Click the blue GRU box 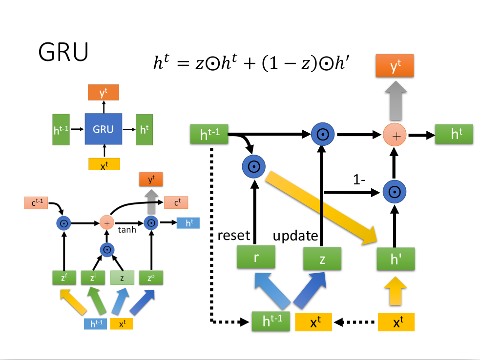tap(103, 129)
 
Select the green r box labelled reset tap(256, 258)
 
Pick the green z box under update tap(322, 258)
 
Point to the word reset tap(233, 236)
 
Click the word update tap(295, 236)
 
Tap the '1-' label tap(360, 180)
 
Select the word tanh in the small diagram tap(126, 230)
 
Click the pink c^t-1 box tap(36, 202)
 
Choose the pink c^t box tap(176, 202)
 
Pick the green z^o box tap(151, 278)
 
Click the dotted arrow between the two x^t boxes tap(355, 322)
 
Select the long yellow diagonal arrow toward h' tap(322, 207)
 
